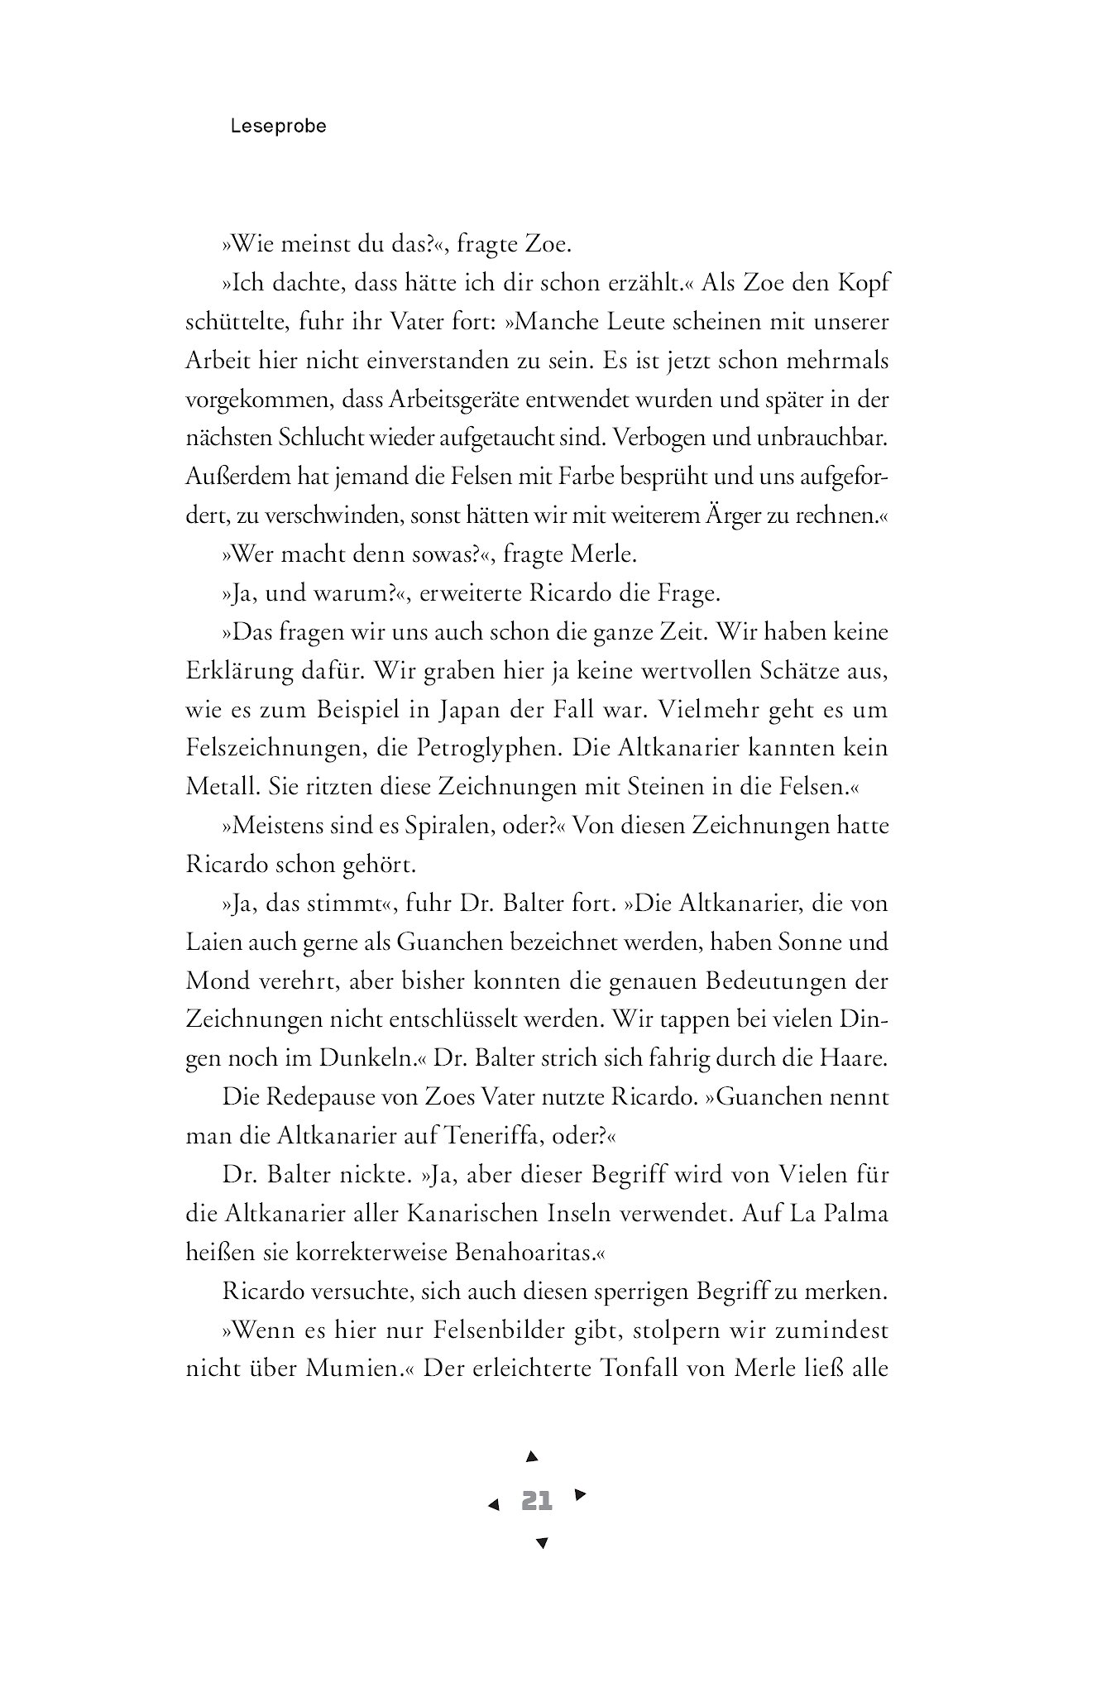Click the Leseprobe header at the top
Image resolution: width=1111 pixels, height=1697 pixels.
(x=279, y=127)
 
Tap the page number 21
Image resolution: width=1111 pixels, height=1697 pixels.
(x=537, y=1500)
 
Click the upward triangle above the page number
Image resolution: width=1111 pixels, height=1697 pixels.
(x=533, y=1456)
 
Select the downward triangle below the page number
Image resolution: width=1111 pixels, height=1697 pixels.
(x=542, y=1542)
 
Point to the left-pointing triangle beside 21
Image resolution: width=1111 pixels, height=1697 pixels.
(x=494, y=1505)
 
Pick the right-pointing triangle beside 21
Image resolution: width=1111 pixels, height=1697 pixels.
(x=580, y=1494)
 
